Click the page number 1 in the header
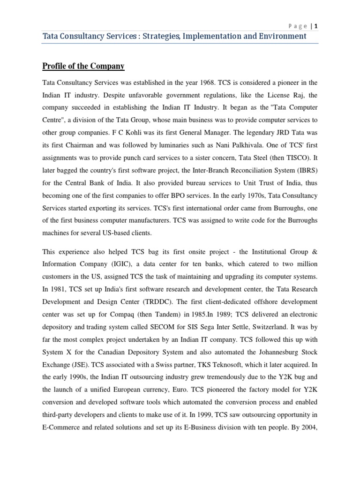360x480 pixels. pos(316,26)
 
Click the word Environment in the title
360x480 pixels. pos(283,36)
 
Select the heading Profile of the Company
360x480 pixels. pos(83,66)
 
